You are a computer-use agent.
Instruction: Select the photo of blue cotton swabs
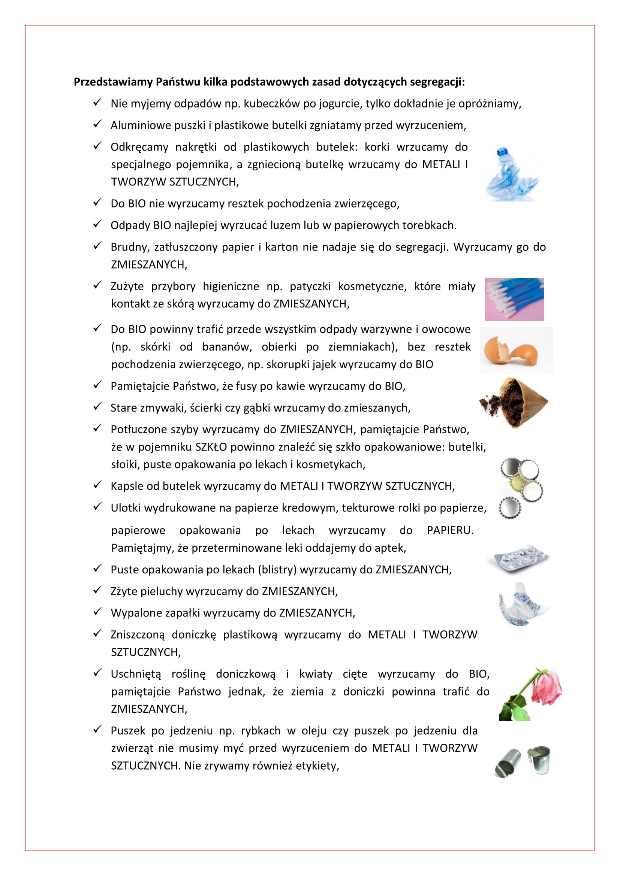[514, 300]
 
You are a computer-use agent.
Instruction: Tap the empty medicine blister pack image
[518, 558]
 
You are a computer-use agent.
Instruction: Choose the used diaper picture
[522, 604]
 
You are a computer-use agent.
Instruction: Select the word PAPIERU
[449, 530]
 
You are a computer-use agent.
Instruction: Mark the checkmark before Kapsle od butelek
[97, 485]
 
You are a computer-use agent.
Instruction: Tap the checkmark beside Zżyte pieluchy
[97, 590]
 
